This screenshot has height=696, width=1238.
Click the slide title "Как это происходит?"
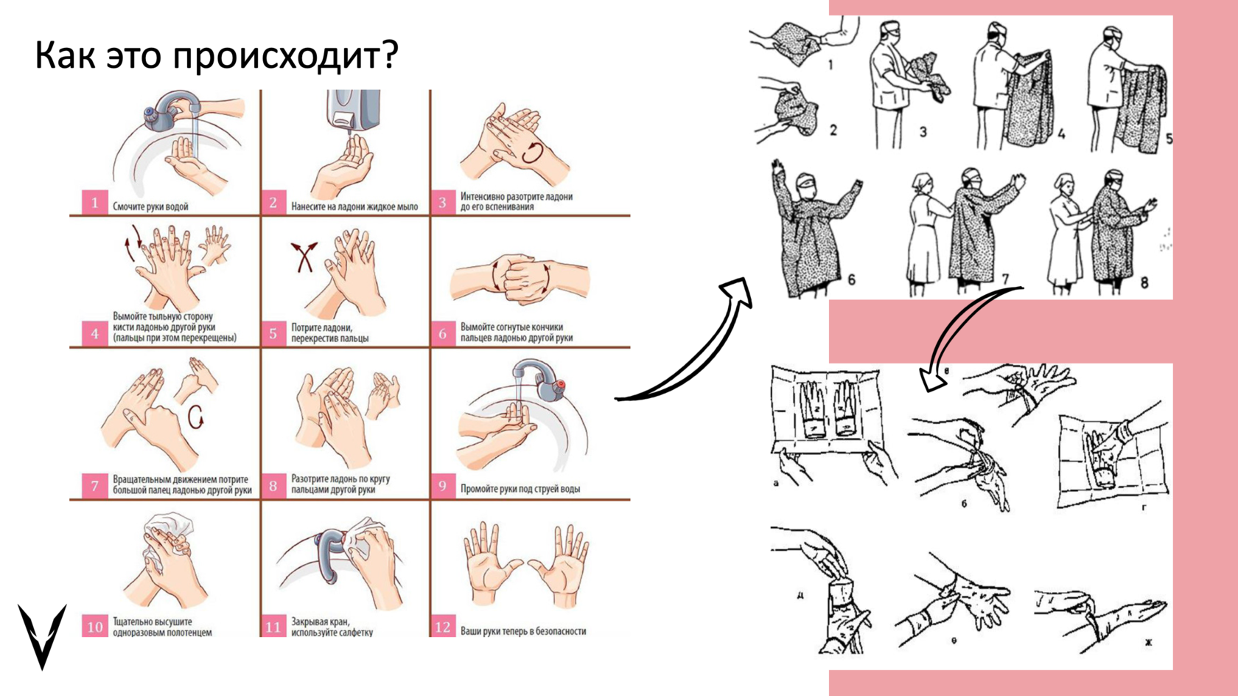point(216,55)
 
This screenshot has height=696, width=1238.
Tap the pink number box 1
point(94,202)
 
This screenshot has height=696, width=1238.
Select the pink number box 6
point(442,334)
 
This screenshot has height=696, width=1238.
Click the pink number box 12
point(443,627)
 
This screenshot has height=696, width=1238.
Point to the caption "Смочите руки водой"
point(150,206)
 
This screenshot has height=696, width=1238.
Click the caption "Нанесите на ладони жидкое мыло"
point(354,206)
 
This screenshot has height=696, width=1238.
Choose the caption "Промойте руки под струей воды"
point(520,489)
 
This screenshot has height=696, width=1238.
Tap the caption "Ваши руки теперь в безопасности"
point(523,631)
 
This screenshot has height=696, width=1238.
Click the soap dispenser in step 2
point(352,110)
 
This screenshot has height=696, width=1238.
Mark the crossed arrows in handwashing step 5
point(304,257)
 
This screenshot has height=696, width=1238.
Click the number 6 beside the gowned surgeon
point(851,279)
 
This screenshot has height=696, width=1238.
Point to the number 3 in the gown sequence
point(923,131)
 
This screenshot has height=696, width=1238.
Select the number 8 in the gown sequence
point(1144,282)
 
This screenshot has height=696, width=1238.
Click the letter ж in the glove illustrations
point(1148,642)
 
